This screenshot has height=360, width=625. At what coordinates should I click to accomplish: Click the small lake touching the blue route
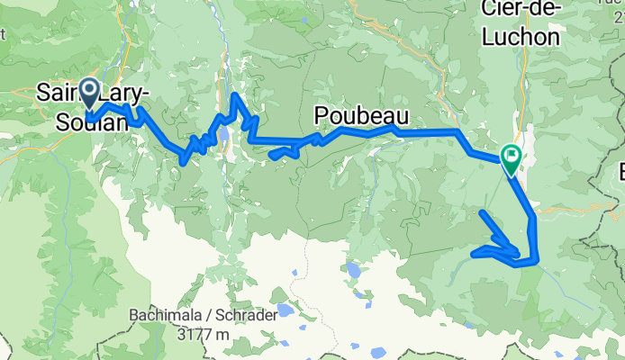point(222,137)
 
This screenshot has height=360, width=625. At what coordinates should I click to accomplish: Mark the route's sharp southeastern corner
point(537,262)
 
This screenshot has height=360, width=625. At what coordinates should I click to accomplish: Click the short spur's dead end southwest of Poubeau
point(271,157)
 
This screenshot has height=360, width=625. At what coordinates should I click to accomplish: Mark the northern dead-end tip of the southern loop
point(482,211)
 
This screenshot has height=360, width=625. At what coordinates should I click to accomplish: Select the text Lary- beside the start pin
point(122,92)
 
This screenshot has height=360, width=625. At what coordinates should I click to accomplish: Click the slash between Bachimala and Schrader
point(201,316)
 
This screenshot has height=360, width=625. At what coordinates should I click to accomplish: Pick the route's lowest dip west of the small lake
point(184,163)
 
